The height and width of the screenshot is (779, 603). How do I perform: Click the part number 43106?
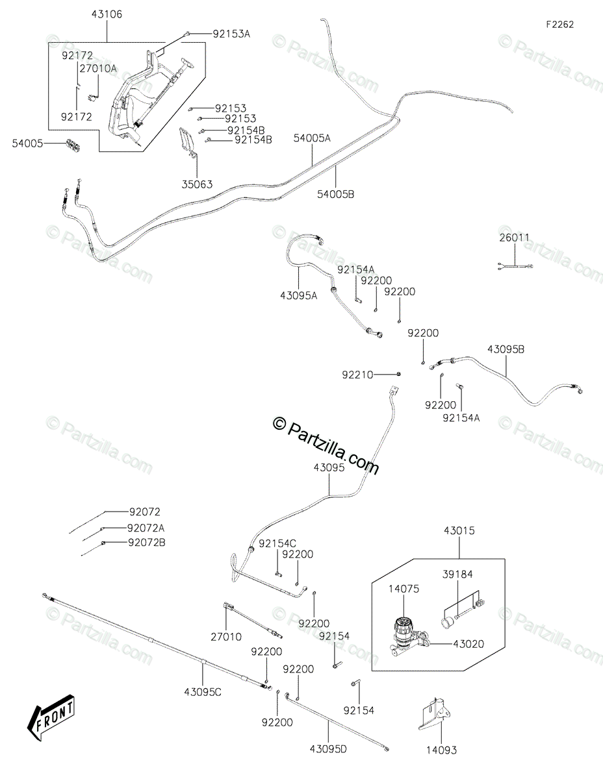pyautogui.click(x=107, y=14)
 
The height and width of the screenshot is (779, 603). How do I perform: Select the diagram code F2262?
pyautogui.click(x=560, y=25)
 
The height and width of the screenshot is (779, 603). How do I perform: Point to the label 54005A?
pyautogui.click(x=312, y=138)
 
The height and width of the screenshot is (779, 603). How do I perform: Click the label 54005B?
pyautogui.click(x=335, y=194)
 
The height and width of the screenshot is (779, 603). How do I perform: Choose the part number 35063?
pyautogui.click(x=197, y=184)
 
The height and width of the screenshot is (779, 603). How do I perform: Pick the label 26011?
pyautogui.click(x=515, y=238)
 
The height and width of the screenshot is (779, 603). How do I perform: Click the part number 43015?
pyautogui.click(x=459, y=530)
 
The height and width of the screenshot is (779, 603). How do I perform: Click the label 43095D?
pyautogui.click(x=328, y=749)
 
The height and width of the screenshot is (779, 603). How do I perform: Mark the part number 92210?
pyautogui.click(x=357, y=375)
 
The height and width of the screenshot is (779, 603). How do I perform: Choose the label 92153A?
pyautogui.click(x=231, y=34)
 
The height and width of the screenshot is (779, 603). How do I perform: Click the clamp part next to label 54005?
pyautogui.click(x=73, y=145)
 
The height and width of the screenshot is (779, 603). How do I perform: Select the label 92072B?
pyautogui.click(x=147, y=543)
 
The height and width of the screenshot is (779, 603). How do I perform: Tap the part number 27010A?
pyautogui.click(x=98, y=68)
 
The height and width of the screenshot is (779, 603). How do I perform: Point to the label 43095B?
pyautogui.click(x=506, y=349)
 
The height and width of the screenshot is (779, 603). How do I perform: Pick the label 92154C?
pyautogui.click(x=277, y=544)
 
